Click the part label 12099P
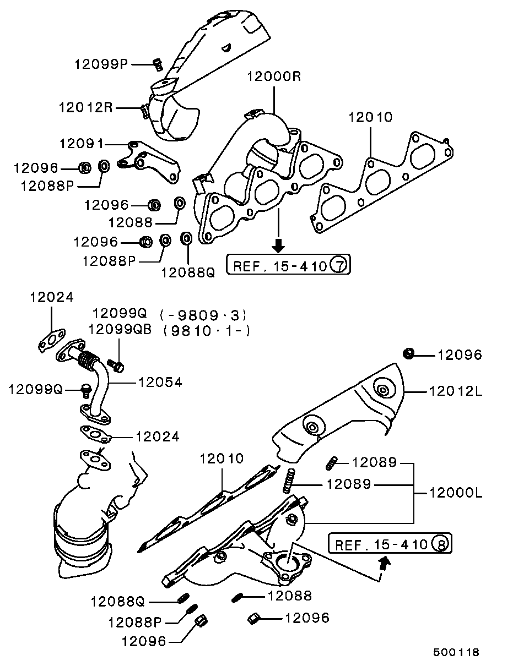pyautogui.click(x=101, y=64)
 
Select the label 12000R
pyautogui.click(x=274, y=76)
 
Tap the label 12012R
pyautogui.click(x=85, y=108)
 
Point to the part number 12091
pyautogui.click(x=82, y=144)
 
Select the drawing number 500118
pyautogui.click(x=456, y=652)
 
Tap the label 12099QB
pyautogui.click(x=120, y=329)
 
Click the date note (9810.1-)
pyautogui.click(x=207, y=331)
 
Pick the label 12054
pyautogui.click(x=160, y=383)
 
